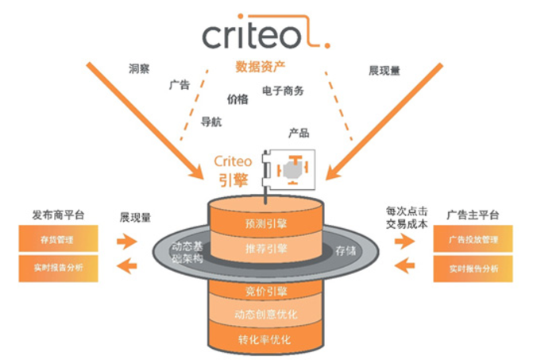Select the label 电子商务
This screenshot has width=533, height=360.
(282, 91)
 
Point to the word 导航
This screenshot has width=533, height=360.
(211, 122)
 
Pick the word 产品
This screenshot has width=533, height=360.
(299, 133)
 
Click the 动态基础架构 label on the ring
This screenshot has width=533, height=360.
(188, 254)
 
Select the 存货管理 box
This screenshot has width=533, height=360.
(58, 236)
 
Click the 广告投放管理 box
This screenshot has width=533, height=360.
(473, 239)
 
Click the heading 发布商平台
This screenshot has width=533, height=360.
(58, 215)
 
